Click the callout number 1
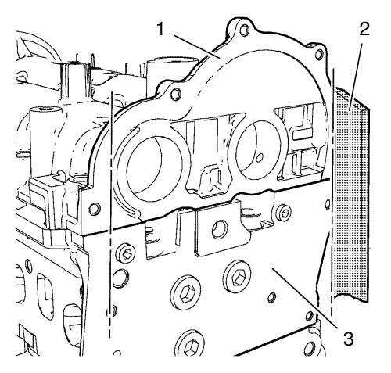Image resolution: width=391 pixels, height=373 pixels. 161,29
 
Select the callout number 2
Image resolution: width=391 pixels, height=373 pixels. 364,29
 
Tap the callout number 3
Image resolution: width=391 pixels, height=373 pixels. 348,339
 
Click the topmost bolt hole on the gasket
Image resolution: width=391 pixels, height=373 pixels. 244,30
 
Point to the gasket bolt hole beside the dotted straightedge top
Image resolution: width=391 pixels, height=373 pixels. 319,54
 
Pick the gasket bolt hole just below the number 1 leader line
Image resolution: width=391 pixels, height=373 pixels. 176,94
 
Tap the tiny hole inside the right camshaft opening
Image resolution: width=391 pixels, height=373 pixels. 259,157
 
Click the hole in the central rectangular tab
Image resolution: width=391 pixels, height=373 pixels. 220,230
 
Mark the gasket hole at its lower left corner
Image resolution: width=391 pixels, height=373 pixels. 95,209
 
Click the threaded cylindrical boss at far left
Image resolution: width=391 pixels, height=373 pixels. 45,123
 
